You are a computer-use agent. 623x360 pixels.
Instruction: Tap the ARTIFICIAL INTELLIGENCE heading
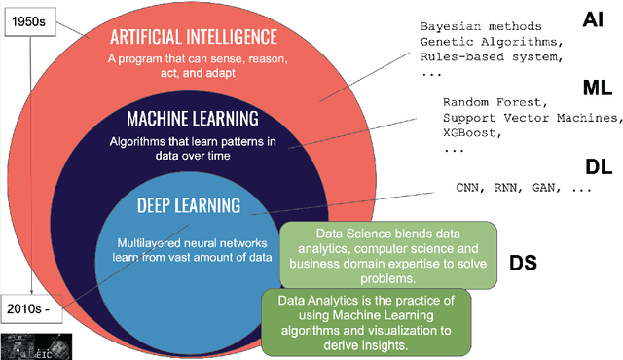194,37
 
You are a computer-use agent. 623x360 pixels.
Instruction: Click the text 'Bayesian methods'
474,26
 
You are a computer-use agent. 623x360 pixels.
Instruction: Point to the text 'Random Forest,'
494,102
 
